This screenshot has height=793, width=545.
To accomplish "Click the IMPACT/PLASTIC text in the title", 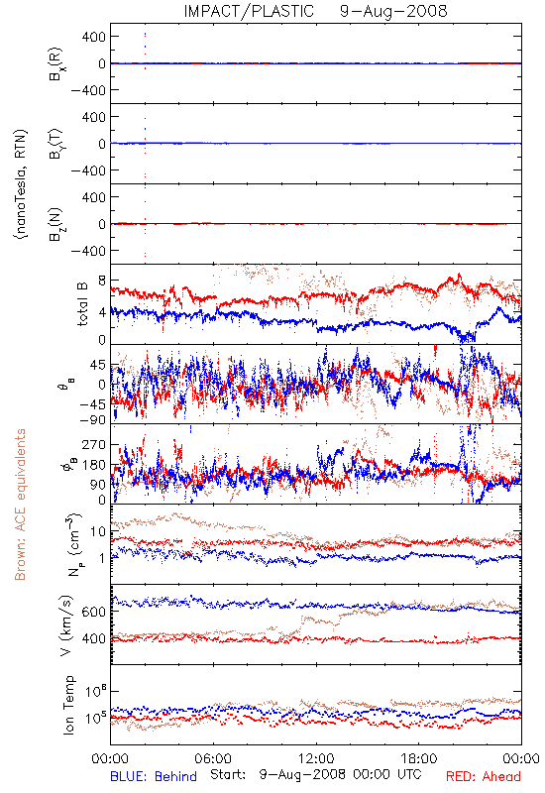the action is click(249, 11).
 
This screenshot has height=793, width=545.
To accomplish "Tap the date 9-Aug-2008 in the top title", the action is click(393, 11).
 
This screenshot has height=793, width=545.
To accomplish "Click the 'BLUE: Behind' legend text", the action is click(154, 776).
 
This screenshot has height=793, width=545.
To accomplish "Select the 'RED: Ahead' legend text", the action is click(483, 776).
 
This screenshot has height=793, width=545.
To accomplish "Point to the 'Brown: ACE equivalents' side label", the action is click(20, 505).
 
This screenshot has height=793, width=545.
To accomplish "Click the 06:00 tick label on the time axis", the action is click(213, 758).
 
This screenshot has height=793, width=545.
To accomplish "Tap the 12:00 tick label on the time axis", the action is click(316, 758).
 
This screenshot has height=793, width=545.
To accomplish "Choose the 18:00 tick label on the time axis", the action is click(419, 758).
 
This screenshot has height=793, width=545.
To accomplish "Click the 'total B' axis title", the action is click(81, 304).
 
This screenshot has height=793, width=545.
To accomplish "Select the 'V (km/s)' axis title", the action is click(66, 625).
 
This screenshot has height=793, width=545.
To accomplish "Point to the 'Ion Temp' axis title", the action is click(68, 705).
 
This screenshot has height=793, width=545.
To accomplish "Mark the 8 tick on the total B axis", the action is click(103, 281).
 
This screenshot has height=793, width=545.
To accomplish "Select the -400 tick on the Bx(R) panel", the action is click(88, 90).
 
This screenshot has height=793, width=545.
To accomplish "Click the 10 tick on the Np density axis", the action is click(98, 531).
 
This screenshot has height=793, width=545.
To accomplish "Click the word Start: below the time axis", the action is click(228, 775).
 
